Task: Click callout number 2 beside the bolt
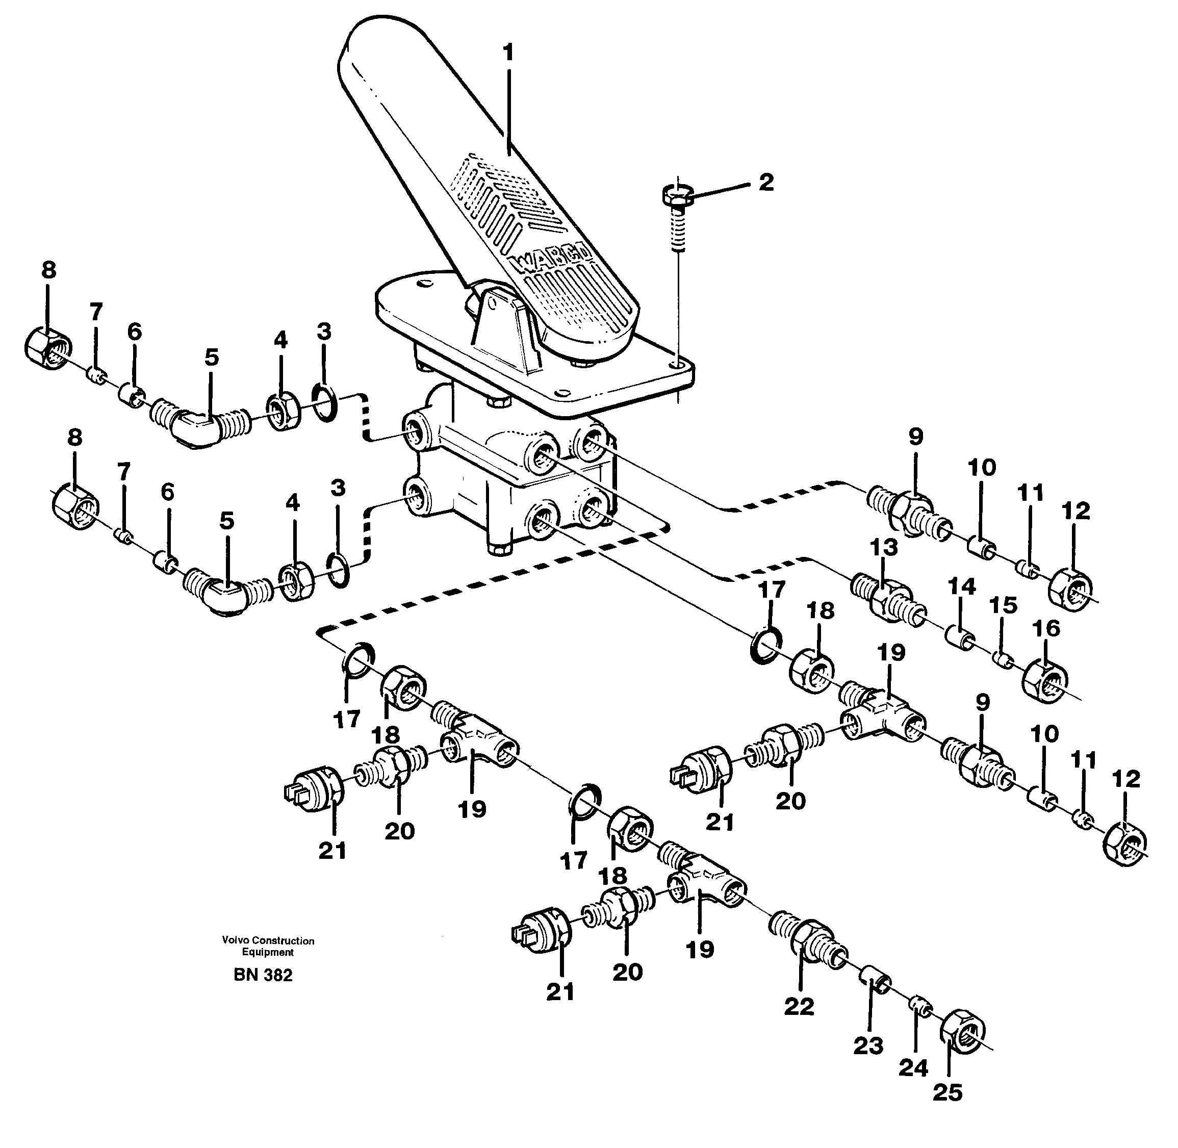[x=765, y=183]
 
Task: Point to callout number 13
[x=884, y=547]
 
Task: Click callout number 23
[x=868, y=1046]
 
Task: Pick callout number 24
[x=913, y=1068]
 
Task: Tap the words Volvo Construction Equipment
[x=268, y=946]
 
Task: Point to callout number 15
[x=1003, y=605]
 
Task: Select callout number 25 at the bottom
[x=947, y=1092]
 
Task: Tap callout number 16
[x=1046, y=629]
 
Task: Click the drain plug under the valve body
[x=498, y=549]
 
